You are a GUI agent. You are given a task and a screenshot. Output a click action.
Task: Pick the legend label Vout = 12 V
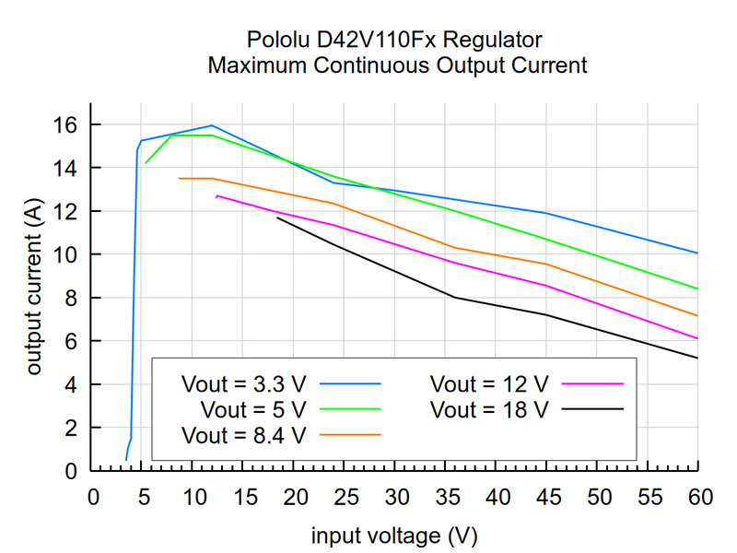[x=489, y=382]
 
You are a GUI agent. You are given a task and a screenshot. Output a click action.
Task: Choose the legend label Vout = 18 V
[x=489, y=407]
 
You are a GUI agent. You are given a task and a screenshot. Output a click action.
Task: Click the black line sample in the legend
[x=594, y=407]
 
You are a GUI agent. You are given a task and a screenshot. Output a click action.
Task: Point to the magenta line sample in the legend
[x=594, y=382]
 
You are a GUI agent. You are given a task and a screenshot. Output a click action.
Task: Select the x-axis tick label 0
[x=91, y=499]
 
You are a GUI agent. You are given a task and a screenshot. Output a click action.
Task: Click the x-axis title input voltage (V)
[x=394, y=535]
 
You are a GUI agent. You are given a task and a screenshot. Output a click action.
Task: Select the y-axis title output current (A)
[x=35, y=288]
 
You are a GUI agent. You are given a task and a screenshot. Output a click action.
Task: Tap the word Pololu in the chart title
[x=274, y=41]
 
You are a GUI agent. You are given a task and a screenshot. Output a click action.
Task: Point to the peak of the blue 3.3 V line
[x=213, y=125]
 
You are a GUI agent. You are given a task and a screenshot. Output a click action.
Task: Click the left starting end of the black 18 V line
[x=277, y=218]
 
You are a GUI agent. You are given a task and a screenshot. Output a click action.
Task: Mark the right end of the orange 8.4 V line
[x=697, y=316]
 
